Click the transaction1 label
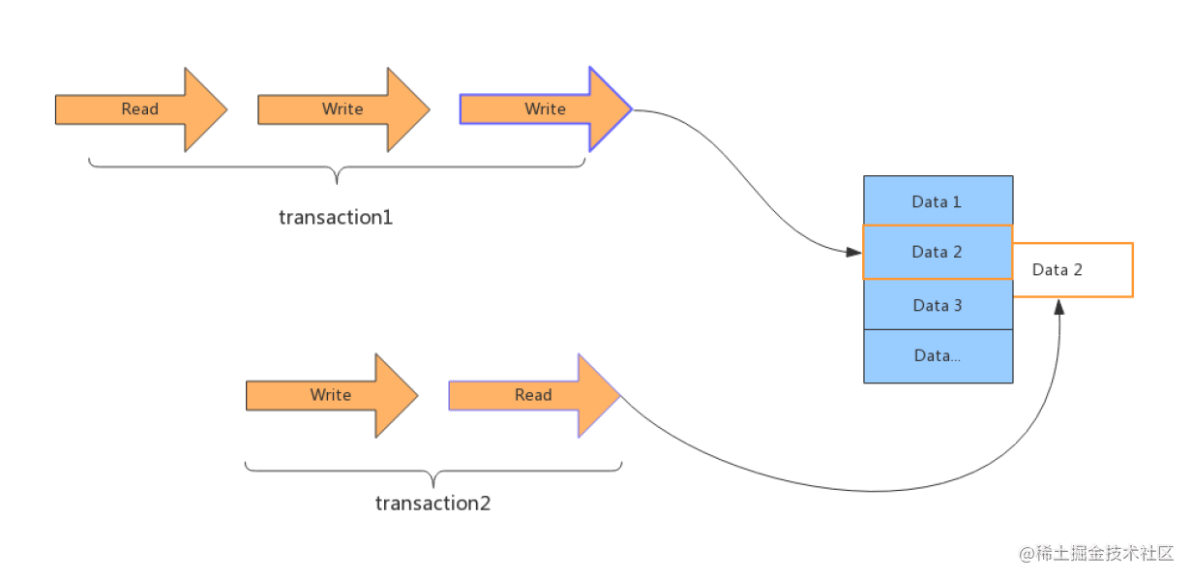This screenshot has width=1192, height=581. (x=336, y=217)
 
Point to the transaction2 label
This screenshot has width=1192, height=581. (x=432, y=504)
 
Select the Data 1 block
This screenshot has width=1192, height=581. (x=939, y=200)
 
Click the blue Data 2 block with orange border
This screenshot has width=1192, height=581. (x=938, y=252)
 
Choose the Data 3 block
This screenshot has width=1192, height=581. (x=939, y=305)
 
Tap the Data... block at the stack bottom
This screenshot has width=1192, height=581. (x=939, y=355)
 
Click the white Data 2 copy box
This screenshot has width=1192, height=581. (x=1073, y=270)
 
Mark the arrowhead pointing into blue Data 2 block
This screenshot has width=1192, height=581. (x=854, y=252)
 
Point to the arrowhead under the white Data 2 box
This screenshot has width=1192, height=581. (x=1058, y=307)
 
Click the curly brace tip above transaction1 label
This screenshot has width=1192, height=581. (x=337, y=184)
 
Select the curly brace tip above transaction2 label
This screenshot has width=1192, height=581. (x=433, y=487)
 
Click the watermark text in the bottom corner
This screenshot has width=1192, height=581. (x=1096, y=554)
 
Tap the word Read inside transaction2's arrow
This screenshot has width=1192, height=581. (x=533, y=395)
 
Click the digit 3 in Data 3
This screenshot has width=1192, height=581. (x=958, y=306)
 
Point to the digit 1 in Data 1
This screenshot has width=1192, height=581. (x=957, y=201)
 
